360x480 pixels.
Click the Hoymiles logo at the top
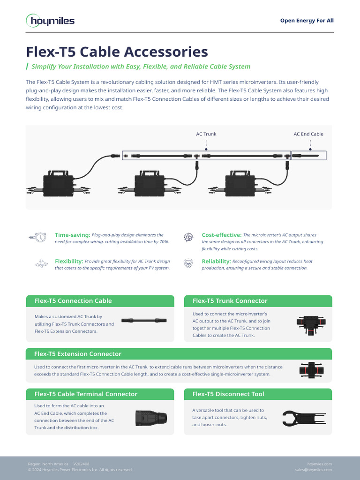click(50, 21)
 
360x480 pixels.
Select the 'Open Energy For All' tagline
click(307, 21)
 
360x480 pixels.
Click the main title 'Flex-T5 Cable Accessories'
click(117, 51)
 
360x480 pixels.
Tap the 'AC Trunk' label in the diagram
click(206, 134)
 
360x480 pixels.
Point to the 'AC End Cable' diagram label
click(308, 134)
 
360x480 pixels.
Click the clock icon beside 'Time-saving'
click(40, 238)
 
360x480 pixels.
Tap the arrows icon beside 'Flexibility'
click(41, 264)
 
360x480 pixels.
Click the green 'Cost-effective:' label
click(221, 235)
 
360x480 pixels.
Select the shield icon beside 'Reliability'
click(188, 264)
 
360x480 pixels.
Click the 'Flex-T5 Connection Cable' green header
click(73, 301)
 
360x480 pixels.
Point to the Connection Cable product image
click(144, 320)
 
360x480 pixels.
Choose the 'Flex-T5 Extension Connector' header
click(78, 354)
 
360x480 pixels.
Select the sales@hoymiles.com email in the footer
click(313, 470)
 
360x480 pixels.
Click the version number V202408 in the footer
click(81, 464)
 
